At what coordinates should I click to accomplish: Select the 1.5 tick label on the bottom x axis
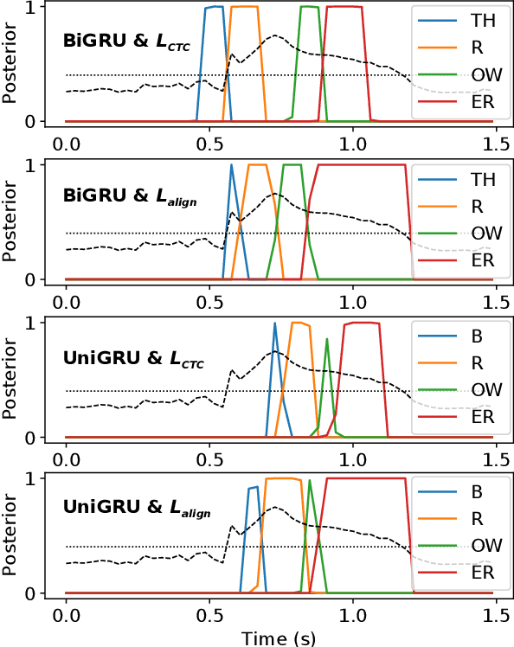point(496,615)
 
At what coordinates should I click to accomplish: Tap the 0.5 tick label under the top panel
point(209,143)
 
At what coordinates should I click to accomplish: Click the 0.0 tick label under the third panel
point(66,458)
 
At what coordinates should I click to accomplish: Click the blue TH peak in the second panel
point(231,167)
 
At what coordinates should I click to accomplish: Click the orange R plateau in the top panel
point(245,8)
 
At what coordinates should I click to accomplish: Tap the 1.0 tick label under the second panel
point(352,301)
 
